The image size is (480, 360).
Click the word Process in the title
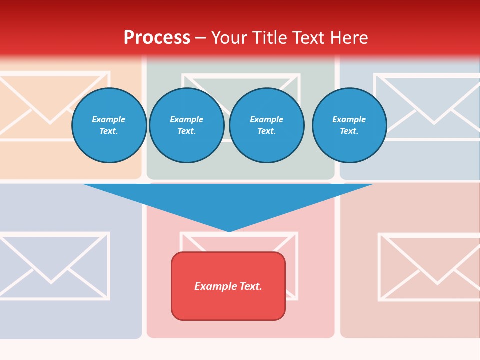pos(157,38)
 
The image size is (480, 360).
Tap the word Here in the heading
pos(349,38)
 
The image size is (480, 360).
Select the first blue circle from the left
pos(109,125)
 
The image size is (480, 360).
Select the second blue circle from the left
pos(187,125)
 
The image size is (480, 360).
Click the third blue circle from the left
pos(266,125)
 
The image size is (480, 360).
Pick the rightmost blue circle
pos(349,125)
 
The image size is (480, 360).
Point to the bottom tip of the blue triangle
pos(229,230)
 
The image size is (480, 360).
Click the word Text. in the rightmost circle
pos(349,131)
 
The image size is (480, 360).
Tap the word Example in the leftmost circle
pos(109,119)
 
